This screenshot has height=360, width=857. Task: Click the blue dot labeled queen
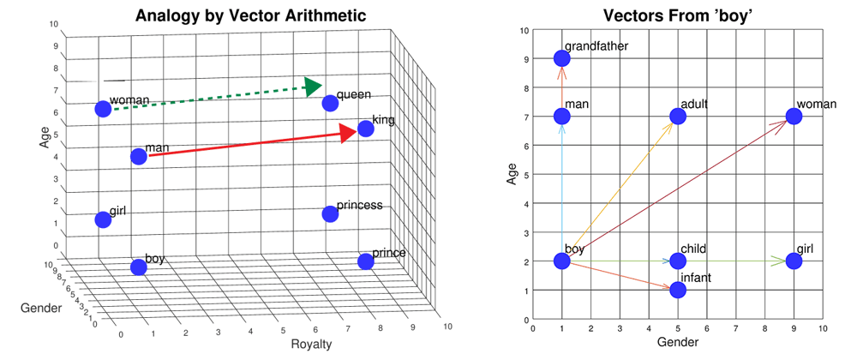(x=328, y=103)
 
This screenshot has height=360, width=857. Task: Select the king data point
(x=365, y=129)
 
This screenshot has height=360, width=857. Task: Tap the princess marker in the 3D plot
(x=328, y=213)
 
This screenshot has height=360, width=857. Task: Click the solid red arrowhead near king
(x=348, y=132)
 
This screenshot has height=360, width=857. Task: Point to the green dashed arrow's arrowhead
(x=313, y=86)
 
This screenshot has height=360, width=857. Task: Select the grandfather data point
(x=561, y=58)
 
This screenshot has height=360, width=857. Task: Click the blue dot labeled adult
(x=677, y=116)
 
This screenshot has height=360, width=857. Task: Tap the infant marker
(x=677, y=290)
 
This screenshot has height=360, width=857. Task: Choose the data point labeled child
(x=677, y=261)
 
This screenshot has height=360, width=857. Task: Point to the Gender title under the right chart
(x=677, y=342)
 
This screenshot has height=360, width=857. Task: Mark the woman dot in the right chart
(x=794, y=116)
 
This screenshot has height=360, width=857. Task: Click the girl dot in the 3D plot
(x=103, y=219)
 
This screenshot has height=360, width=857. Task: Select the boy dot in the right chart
(x=561, y=261)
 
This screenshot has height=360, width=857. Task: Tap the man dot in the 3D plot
(x=139, y=156)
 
